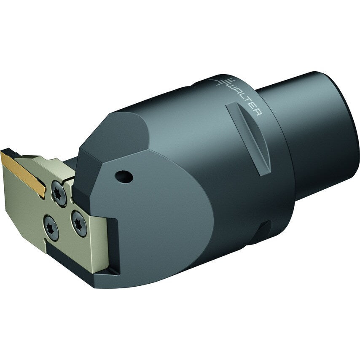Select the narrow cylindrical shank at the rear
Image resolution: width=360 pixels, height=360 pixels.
pos(320,126)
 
